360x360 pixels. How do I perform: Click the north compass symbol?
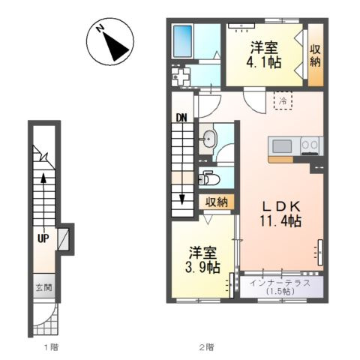(110, 42)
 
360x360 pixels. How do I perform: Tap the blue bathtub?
(184, 41)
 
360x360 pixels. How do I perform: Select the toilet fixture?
(209, 178)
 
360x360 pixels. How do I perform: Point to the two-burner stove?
(310, 146)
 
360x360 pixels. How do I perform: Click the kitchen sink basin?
(282, 146)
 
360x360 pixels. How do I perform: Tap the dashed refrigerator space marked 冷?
(283, 100)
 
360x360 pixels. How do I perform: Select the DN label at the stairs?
(181, 118)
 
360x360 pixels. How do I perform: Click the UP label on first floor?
(43, 238)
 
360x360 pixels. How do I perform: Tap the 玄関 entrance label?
(44, 287)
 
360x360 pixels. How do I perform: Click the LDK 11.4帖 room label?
(280, 214)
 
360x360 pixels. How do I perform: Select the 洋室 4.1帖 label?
(264, 55)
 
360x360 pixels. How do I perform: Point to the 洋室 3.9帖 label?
(202, 260)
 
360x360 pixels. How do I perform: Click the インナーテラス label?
(280, 283)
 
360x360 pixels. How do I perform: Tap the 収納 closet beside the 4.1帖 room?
(315, 55)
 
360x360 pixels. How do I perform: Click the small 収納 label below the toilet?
(217, 202)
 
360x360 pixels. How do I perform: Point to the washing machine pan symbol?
(181, 76)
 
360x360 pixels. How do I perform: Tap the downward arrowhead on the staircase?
(181, 199)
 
